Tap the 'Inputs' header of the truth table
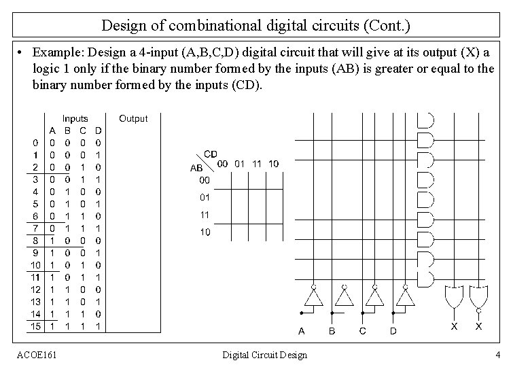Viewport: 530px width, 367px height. coord(75,118)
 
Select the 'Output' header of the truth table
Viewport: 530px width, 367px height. coord(133,118)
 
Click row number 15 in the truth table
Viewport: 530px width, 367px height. coord(35,326)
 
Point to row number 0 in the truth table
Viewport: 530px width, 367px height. coord(35,143)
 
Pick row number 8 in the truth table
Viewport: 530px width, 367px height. coord(35,241)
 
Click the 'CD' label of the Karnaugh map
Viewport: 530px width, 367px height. coord(211,154)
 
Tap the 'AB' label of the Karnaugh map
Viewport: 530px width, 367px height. coord(196,167)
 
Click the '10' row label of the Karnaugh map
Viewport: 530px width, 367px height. coord(205,232)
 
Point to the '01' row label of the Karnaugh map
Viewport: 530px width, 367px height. coord(205,198)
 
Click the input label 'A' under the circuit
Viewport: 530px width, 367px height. coord(301,331)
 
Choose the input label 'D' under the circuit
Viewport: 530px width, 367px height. coord(393,331)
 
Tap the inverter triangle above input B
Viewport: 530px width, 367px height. coord(344,297)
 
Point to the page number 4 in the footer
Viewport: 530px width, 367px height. coord(498,355)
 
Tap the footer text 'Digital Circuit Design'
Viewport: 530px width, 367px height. coord(265,355)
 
